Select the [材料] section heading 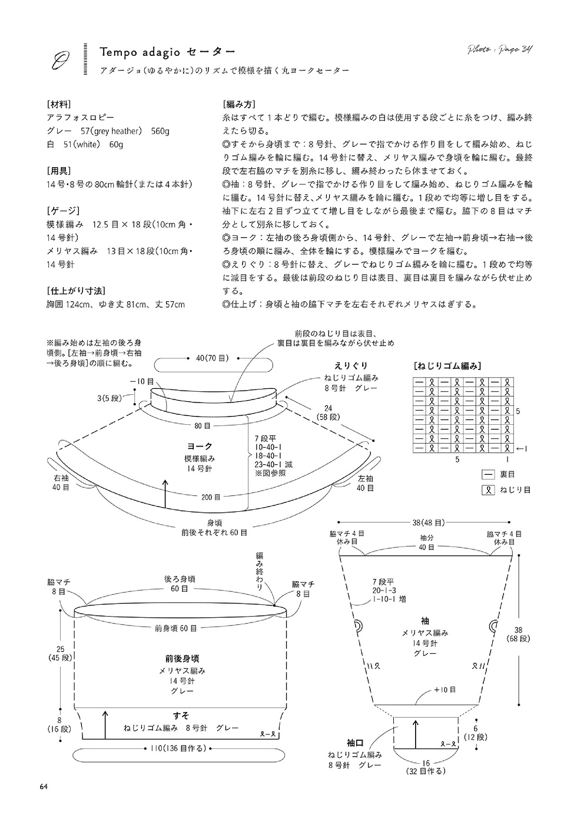pos(58,104)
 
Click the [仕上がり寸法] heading pos(75,291)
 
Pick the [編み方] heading pos(238,104)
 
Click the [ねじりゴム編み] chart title pos(448,365)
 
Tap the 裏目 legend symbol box pos(487,474)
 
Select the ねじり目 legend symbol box pos(487,489)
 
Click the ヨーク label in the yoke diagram pos(200,446)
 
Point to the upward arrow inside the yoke pos(165,494)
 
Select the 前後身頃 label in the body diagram pos(182,658)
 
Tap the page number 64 pos(44,787)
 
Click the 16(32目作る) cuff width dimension pos(425,765)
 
